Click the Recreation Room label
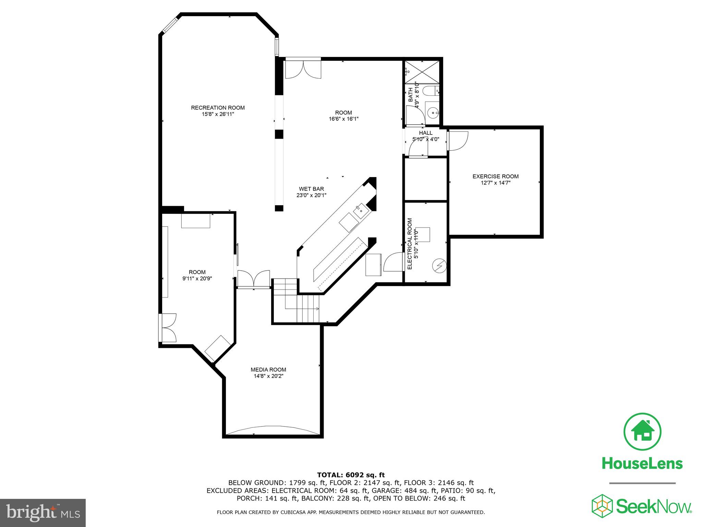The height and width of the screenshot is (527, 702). (218, 108)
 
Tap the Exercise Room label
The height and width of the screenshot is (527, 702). (495, 176)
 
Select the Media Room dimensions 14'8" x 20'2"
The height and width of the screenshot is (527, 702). (268, 376)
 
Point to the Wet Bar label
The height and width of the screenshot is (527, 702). (311, 189)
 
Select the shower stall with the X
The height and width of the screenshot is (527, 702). (422, 72)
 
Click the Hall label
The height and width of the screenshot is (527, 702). (425, 133)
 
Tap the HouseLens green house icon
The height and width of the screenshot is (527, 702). (642, 432)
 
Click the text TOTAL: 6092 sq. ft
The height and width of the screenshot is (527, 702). (351, 475)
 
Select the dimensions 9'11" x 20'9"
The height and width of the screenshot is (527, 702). (197, 279)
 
